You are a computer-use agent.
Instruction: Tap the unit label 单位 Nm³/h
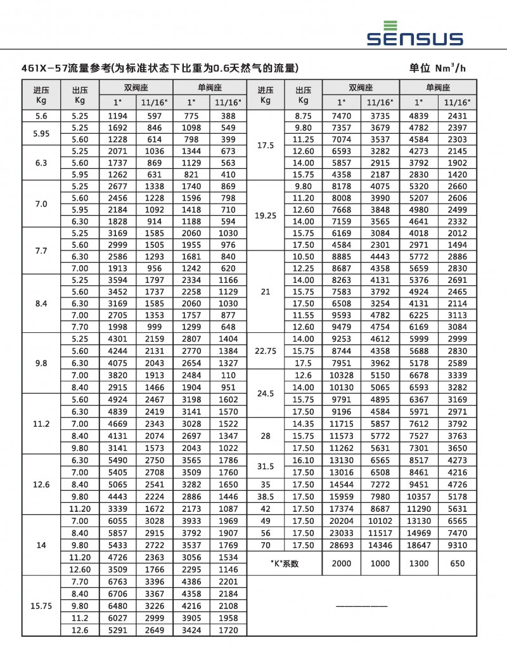[438, 68]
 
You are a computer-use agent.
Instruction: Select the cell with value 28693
[342, 545]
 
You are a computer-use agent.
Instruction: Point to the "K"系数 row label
[283, 563]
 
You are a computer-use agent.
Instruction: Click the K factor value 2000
[342, 563]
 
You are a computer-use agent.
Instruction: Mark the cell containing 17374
[342, 509]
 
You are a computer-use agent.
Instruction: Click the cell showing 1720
[228, 630]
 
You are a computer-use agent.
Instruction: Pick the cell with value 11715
[342, 424]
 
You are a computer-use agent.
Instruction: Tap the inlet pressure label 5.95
[41, 134]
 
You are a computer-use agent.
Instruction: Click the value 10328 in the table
[342, 375]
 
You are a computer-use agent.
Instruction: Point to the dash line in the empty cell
[361, 606]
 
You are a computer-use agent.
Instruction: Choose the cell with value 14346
[380, 545]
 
